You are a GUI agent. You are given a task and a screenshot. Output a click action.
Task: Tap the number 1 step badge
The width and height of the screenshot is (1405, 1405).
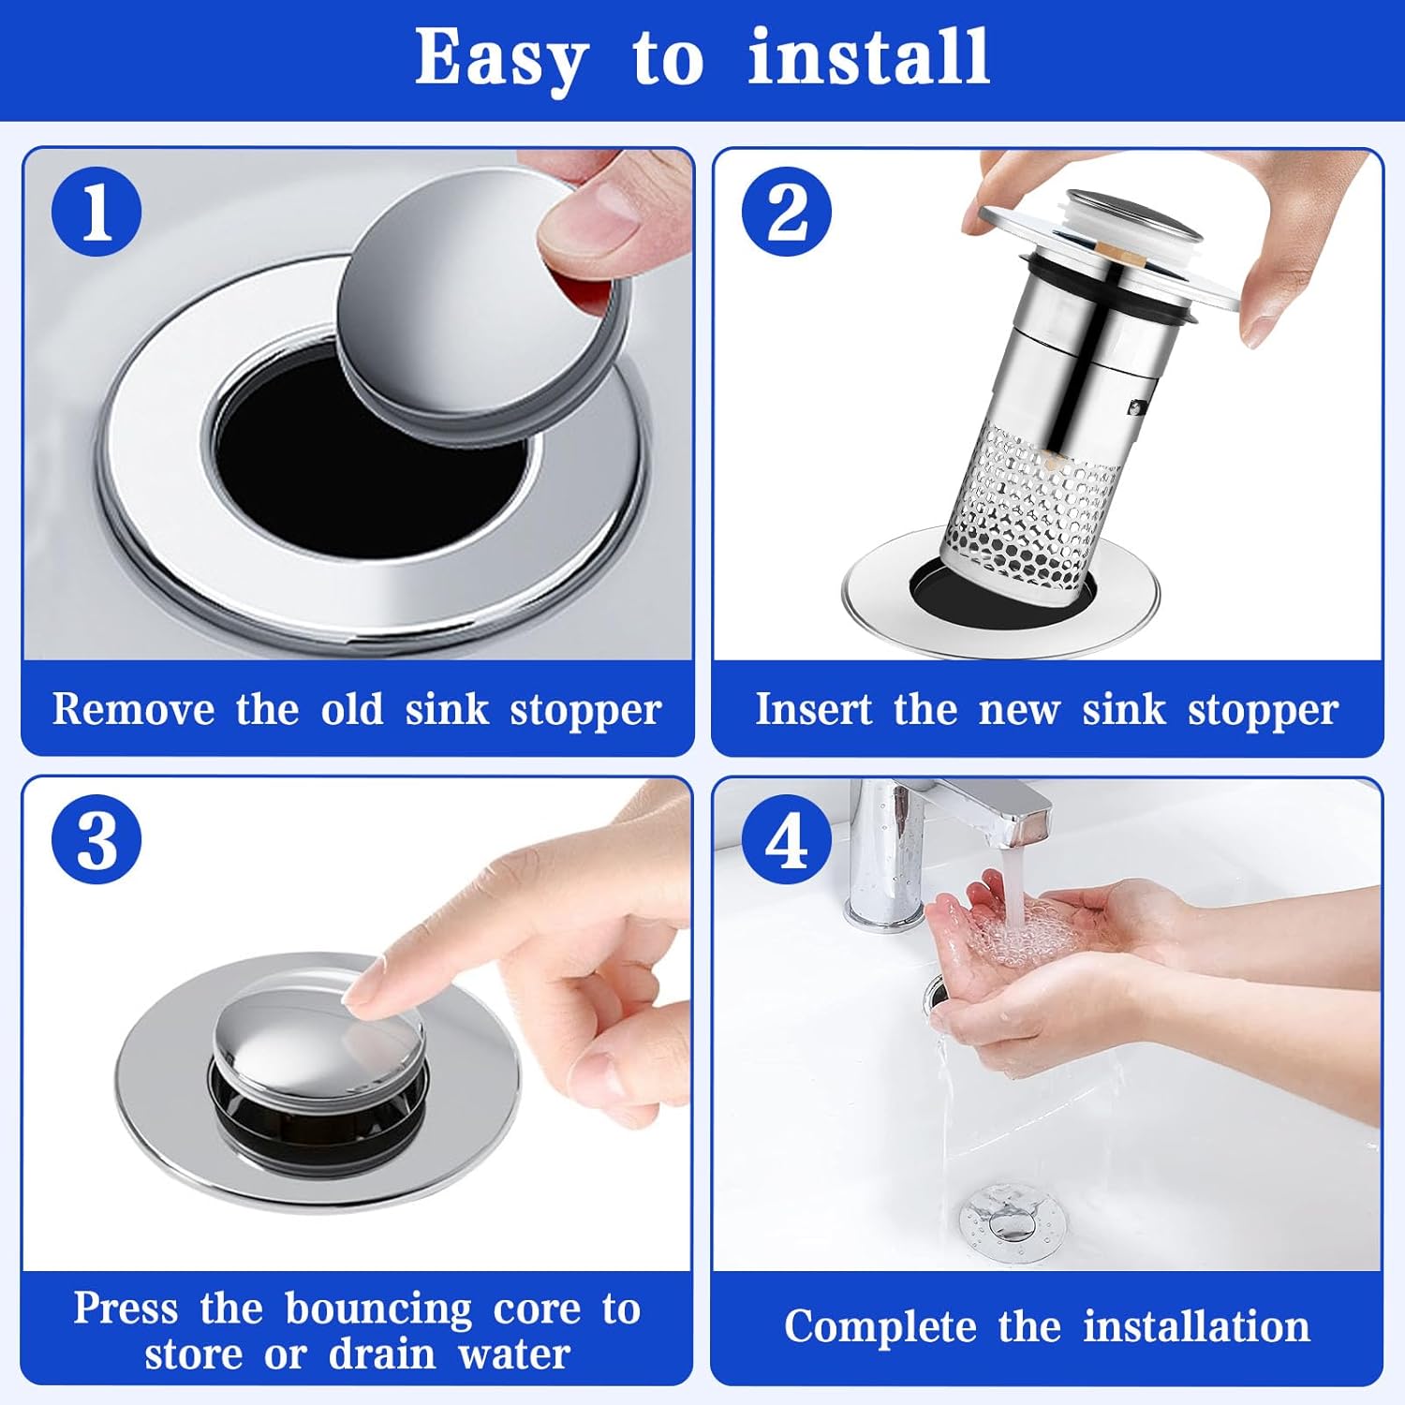click(x=96, y=211)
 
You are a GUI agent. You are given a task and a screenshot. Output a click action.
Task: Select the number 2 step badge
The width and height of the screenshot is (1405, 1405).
click(x=787, y=211)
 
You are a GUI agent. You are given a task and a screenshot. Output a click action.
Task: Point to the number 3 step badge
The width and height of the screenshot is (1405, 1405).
click(x=96, y=839)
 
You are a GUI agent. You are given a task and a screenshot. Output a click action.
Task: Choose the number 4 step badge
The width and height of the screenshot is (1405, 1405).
click(x=787, y=839)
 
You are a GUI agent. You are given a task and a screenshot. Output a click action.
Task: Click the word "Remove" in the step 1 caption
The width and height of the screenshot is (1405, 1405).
click(x=133, y=709)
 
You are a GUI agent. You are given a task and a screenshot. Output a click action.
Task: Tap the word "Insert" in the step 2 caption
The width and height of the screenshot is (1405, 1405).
click(x=813, y=709)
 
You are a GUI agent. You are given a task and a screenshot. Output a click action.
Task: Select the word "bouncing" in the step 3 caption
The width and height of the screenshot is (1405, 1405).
click(x=378, y=1309)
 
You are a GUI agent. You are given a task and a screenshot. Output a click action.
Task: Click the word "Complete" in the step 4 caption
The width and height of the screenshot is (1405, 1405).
click(x=880, y=1327)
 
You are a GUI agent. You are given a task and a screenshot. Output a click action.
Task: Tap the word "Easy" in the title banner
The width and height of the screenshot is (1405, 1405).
click(x=501, y=58)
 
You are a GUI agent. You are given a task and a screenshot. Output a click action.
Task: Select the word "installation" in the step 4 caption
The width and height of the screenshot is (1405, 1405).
click(x=1196, y=1326)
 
